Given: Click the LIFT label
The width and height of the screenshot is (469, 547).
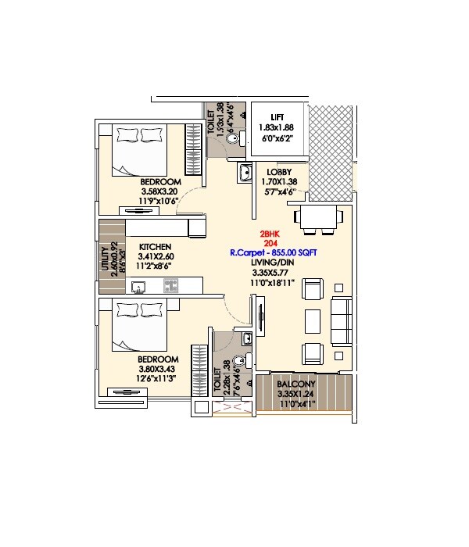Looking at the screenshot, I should click(x=277, y=116).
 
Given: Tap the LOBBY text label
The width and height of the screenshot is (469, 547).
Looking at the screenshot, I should click(x=279, y=172).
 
